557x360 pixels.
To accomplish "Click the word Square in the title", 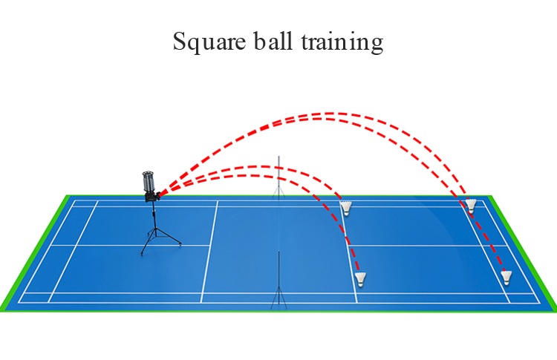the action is (x=209, y=42).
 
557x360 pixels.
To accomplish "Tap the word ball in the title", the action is (x=273, y=41).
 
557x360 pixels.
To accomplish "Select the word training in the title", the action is (x=342, y=42).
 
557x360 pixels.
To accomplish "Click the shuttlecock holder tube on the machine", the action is (x=149, y=181).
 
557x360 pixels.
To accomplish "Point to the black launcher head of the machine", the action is (x=153, y=197).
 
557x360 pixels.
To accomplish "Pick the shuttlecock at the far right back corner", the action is (x=471, y=206).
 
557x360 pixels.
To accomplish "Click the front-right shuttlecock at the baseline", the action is (x=506, y=278).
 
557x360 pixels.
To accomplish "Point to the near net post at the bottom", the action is (x=278, y=280).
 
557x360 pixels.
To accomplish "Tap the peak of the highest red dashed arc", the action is (x=328, y=114).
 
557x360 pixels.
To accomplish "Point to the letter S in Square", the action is (x=180, y=42).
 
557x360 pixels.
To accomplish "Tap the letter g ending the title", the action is (x=377, y=45).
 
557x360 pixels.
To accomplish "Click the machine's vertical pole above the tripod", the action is (x=154, y=215).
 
